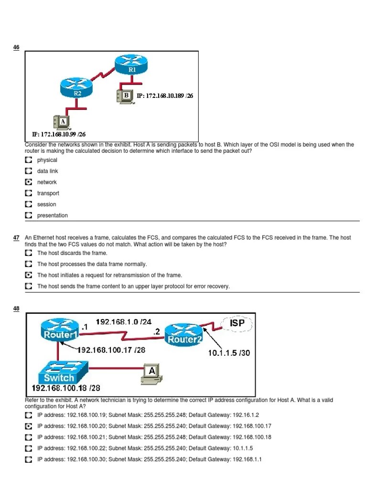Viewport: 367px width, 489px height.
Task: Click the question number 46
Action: (x=16, y=48)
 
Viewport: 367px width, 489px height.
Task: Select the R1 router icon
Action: (x=132, y=64)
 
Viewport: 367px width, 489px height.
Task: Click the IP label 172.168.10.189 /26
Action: (x=165, y=96)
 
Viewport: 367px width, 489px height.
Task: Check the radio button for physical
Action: (x=28, y=160)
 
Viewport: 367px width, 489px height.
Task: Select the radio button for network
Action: (x=28, y=182)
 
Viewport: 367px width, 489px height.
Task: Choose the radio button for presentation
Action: (x=28, y=215)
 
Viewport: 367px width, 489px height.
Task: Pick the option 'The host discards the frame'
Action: (x=72, y=253)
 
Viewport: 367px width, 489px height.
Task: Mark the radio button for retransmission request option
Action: (x=28, y=275)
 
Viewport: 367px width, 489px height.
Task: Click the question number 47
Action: (x=16, y=237)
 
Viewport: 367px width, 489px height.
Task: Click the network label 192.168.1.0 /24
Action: (x=124, y=322)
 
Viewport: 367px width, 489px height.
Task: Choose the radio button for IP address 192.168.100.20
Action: (x=28, y=426)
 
